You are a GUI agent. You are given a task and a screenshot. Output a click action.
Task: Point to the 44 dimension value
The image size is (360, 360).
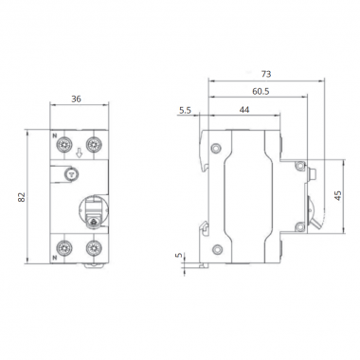pyautogui.click(x=244, y=112)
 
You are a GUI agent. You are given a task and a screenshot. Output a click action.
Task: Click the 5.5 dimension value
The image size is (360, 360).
pyautogui.click(x=184, y=112)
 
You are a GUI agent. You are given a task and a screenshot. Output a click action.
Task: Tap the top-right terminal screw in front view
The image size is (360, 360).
pyautogui.click(x=94, y=145)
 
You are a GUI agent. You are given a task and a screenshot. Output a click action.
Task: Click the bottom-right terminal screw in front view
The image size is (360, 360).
pyautogui.click(x=94, y=248)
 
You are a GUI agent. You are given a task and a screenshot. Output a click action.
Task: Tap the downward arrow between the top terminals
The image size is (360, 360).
pyautogui.click(x=79, y=149)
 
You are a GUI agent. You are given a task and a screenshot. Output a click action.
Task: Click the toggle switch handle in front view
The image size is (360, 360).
pyautogui.click(x=93, y=214)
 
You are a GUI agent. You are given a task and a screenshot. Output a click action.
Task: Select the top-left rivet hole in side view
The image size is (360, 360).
pyautogui.click(x=217, y=147)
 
